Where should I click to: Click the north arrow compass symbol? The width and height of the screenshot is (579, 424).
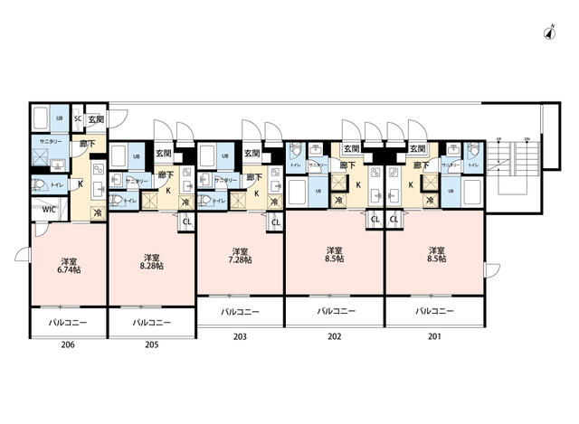click(549, 33)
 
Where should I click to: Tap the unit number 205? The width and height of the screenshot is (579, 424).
click(151, 344)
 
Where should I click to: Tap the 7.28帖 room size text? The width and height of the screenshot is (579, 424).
click(240, 259)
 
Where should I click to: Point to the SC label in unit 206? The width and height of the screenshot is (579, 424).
click(78, 119)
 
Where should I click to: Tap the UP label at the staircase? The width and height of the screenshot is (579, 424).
click(498, 140)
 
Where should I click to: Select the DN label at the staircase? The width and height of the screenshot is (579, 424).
click(526, 140)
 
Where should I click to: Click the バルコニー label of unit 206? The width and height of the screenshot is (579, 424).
click(67, 322)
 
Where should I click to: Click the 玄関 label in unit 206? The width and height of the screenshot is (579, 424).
click(96, 119)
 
